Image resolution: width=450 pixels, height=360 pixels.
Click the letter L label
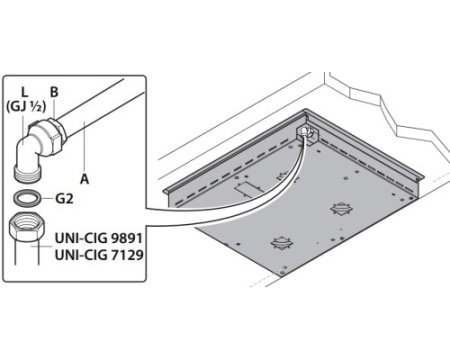[x=25, y=93]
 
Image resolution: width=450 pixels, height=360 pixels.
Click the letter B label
[x=54, y=92]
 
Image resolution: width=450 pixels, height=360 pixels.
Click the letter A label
[x=85, y=179]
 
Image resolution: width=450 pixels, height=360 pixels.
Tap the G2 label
[x=64, y=199]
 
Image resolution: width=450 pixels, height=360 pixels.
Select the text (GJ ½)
[x=26, y=107]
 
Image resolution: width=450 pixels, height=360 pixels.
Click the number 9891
[x=127, y=238]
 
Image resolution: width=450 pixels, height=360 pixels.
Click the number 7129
[x=127, y=255]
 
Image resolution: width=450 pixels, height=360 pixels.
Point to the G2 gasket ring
[x=28, y=198]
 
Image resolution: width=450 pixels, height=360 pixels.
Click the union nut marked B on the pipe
[x=56, y=134]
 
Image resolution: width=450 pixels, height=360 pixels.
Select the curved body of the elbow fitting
[x=27, y=147]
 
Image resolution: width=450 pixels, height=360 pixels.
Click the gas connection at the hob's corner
[x=305, y=133]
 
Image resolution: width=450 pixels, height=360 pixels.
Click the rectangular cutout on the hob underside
[x=247, y=189]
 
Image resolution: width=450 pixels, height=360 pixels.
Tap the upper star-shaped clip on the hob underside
[x=341, y=209]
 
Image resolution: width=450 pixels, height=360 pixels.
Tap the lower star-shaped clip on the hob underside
[x=283, y=242]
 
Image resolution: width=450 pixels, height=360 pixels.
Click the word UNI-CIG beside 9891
[x=81, y=238]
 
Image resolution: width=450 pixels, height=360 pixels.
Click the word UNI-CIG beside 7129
[x=81, y=255]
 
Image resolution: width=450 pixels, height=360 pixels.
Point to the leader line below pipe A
[x=85, y=147]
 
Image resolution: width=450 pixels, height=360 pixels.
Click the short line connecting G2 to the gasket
[x=48, y=199]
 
